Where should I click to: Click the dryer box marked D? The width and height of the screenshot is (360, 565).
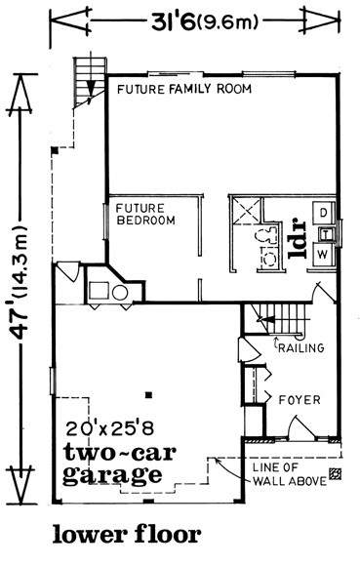[323, 213]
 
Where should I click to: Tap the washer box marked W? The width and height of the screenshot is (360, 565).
[323, 255]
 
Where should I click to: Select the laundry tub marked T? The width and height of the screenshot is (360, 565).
[326, 234]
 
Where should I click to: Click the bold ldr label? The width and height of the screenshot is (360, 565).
[298, 238]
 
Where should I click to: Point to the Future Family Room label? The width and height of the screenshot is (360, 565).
[184, 89]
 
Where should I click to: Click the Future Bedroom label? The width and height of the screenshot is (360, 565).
[145, 214]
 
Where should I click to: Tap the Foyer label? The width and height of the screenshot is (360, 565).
[300, 400]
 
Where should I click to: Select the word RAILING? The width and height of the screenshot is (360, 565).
[300, 347]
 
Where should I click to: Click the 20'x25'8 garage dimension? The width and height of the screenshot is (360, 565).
[110, 428]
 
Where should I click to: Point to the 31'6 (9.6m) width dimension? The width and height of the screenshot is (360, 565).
[205, 22]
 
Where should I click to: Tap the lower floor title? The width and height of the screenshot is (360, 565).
[127, 535]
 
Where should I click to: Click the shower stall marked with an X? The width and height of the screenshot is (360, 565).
[247, 210]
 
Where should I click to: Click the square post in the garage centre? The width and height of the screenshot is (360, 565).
[148, 395]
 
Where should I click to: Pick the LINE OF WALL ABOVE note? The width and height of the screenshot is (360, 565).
[290, 474]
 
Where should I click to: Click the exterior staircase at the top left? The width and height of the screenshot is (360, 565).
[90, 82]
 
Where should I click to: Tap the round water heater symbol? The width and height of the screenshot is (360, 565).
[120, 293]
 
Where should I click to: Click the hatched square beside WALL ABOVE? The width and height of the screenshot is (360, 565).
[336, 473]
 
